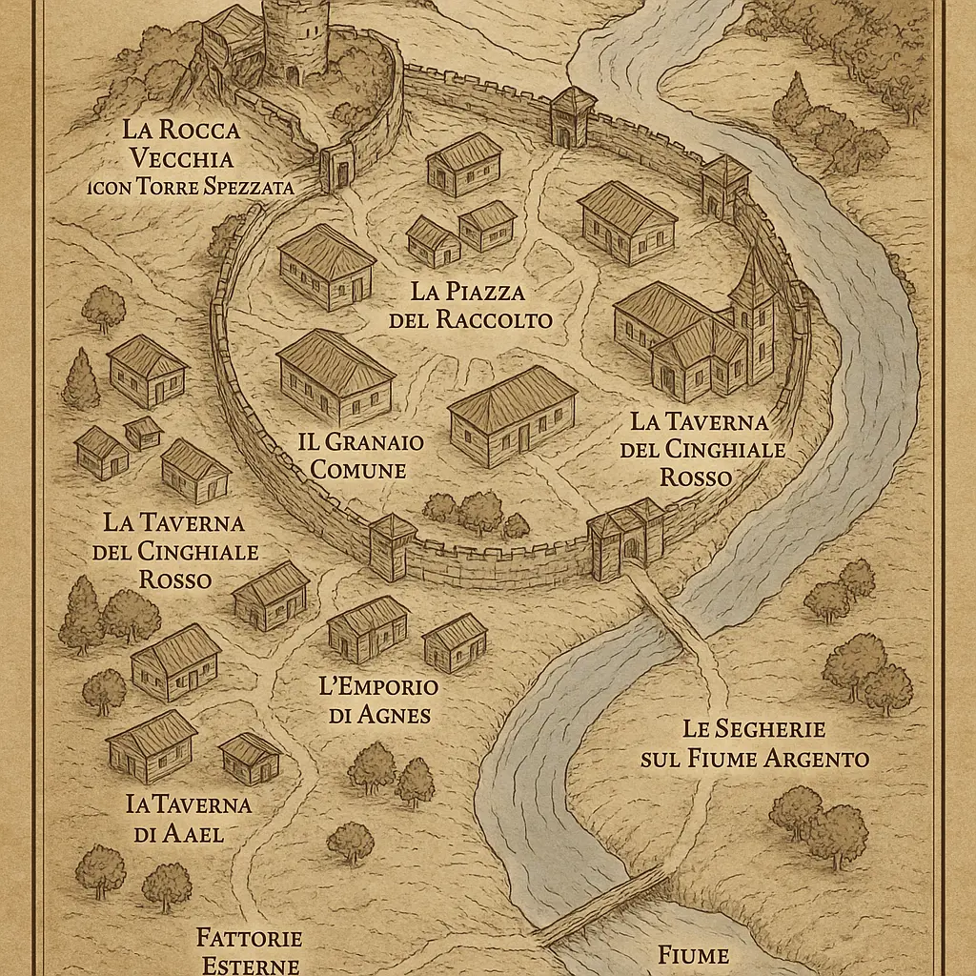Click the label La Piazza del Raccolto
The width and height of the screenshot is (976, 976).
tap(470, 305)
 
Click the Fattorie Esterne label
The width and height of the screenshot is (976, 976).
tap(249, 950)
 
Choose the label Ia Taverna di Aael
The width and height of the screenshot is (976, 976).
tap(189, 818)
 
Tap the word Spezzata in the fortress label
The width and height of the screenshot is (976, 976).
tap(248, 186)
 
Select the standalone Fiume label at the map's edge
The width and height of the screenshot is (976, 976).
tap(693, 955)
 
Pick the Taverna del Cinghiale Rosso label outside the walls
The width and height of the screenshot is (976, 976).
tap(174, 550)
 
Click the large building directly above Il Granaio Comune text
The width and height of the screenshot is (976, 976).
tap(335, 377)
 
